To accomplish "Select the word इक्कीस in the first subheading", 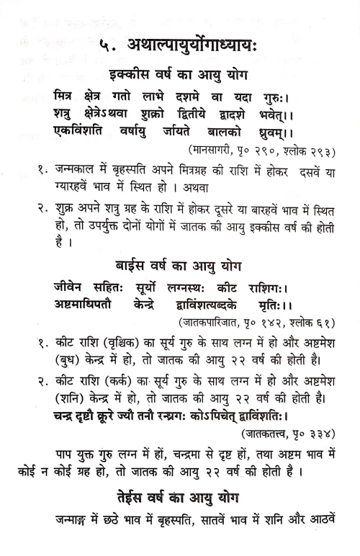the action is tap(131, 76).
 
